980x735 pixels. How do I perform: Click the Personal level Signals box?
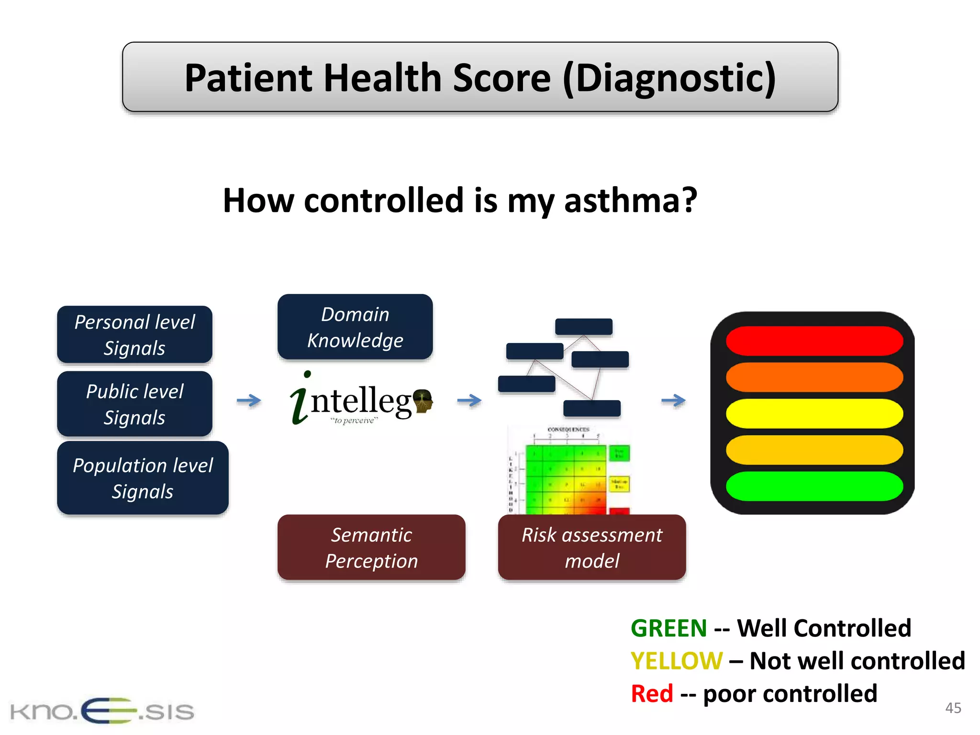click(134, 334)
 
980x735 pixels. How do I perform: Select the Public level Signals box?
click(134, 404)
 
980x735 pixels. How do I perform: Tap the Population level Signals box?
click(143, 478)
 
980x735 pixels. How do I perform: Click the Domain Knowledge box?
click(355, 327)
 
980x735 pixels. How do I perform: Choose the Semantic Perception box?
click(371, 547)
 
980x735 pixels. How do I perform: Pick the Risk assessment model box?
click(592, 547)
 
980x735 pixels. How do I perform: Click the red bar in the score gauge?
click(814, 341)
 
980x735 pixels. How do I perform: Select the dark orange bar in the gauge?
click(814, 377)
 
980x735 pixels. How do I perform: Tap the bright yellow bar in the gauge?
click(814, 413)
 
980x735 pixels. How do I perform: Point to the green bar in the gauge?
click(814, 486)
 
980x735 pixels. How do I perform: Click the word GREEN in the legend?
click(668, 628)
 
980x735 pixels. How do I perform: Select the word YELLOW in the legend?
click(676, 661)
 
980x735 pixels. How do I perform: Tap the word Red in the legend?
click(652, 693)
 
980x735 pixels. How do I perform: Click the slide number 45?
click(953, 708)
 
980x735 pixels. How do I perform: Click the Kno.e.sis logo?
click(102, 711)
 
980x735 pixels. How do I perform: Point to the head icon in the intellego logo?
click(423, 401)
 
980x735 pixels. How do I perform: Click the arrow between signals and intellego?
click(249, 400)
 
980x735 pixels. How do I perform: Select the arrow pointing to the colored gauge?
click(673, 400)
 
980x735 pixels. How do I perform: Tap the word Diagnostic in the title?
click(669, 78)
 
